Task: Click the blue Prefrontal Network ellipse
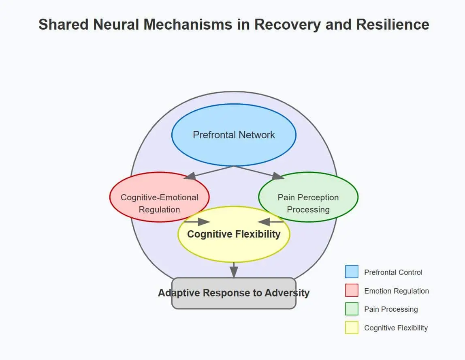tap(234, 135)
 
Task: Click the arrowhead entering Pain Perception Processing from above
tap(278, 176)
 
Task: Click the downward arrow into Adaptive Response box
tap(234, 272)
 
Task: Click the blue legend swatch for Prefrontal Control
tap(352, 272)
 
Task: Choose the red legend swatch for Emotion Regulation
tap(352, 290)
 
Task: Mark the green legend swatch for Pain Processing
tap(352, 309)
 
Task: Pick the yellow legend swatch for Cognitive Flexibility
tap(352, 328)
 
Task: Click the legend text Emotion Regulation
tap(396, 291)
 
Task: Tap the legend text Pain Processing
tap(391, 309)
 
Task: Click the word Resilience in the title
tap(392, 24)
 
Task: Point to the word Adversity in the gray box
tap(287, 293)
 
